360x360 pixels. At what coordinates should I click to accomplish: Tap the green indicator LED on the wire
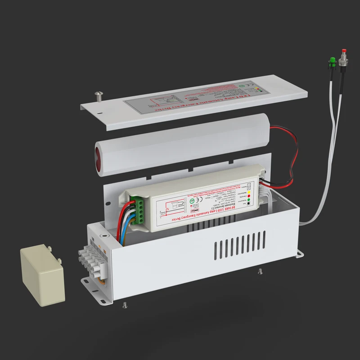click(331, 60)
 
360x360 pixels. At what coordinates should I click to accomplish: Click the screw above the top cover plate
click(99, 94)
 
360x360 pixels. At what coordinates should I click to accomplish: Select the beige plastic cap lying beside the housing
click(42, 272)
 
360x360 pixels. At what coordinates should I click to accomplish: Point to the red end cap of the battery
click(99, 156)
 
